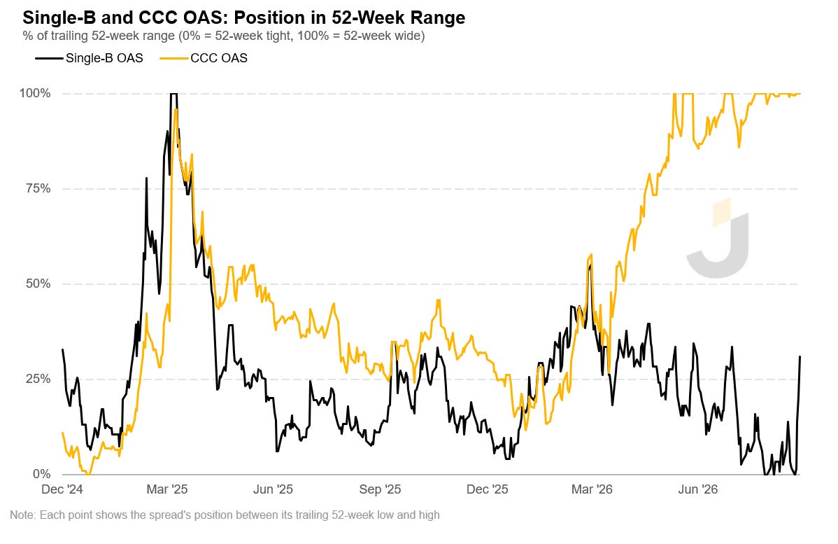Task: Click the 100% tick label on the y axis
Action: click(x=35, y=94)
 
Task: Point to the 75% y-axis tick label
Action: click(x=38, y=189)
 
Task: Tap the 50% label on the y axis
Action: click(x=38, y=284)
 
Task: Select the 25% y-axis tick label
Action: click(x=38, y=379)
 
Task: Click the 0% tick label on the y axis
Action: click(x=42, y=474)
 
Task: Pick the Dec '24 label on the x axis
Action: click(x=62, y=489)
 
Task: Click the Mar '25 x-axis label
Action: click(x=167, y=489)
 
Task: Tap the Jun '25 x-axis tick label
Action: click(x=273, y=489)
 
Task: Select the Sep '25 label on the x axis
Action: click(x=380, y=489)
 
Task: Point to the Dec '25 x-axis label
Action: click(x=488, y=489)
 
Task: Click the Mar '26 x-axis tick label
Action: click(x=592, y=489)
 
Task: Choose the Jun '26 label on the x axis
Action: click(x=698, y=489)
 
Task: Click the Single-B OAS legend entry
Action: click(x=90, y=58)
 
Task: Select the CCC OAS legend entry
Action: click(x=204, y=58)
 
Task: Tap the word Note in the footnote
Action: click(x=22, y=515)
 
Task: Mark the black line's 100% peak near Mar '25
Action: click(x=173, y=94)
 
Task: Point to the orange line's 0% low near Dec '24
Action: click(x=88, y=474)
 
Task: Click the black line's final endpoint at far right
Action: click(x=800, y=357)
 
